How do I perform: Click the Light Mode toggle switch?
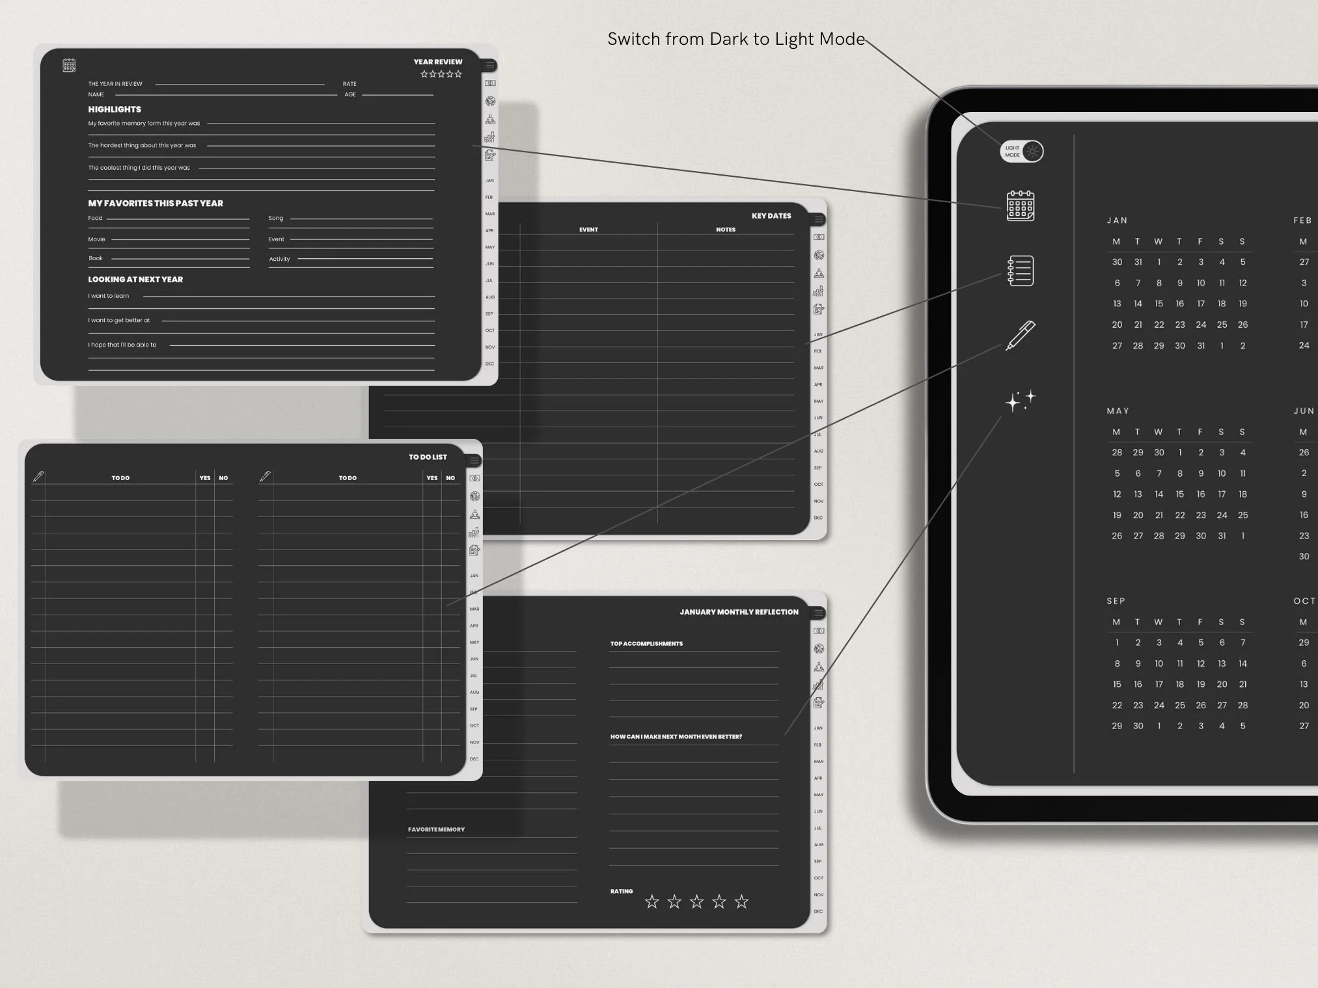click(x=1022, y=152)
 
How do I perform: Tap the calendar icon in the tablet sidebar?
click(x=1021, y=206)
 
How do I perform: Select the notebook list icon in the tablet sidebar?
click(x=1020, y=271)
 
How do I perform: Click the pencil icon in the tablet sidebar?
click(x=1020, y=335)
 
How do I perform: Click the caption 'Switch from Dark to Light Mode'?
click(x=736, y=39)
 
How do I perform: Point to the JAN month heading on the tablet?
click(x=1117, y=220)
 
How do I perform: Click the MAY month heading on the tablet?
click(x=1118, y=411)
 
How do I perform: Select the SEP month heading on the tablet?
click(x=1116, y=601)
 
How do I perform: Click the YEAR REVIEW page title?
click(x=437, y=62)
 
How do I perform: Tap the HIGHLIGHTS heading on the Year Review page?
click(x=115, y=109)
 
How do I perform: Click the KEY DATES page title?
click(x=771, y=216)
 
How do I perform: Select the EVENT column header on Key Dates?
click(x=588, y=230)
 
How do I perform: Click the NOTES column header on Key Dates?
click(x=726, y=230)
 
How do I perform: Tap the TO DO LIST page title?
click(x=428, y=457)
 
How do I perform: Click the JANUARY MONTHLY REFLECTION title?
click(x=739, y=612)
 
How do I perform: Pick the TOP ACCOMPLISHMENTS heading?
click(x=646, y=644)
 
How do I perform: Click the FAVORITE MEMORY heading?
click(x=436, y=830)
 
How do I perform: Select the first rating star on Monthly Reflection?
click(x=652, y=901)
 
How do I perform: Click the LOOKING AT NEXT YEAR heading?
click(x=135, y=280)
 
